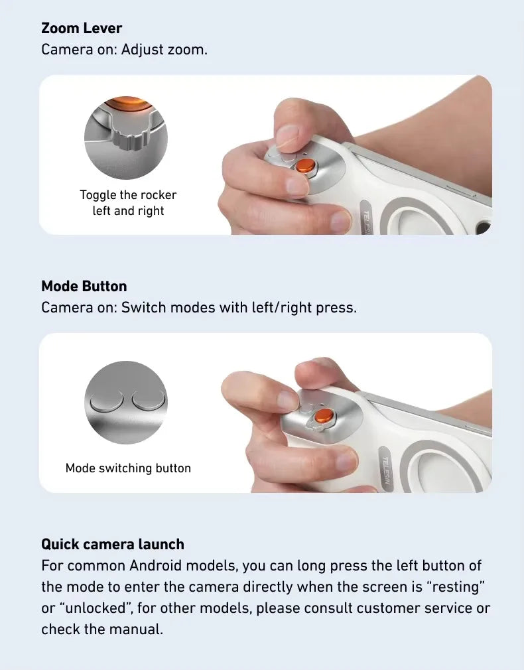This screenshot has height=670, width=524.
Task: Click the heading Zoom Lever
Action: [x=82, y=29]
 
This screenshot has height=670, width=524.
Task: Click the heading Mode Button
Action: [x=84, y=287]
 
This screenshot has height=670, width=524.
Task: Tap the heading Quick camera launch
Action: [x=113, y=545]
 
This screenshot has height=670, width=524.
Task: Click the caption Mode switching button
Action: [x=128, y=468]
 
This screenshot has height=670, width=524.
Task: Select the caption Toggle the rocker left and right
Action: [x=128, y=202]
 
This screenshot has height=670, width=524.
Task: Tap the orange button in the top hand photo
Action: [x=306, y=165]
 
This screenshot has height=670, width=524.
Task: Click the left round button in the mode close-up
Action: [x=106, y=401]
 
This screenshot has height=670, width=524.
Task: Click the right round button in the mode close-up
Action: [x=149, y=401]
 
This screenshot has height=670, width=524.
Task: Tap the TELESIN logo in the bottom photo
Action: [x=385, y=470]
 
